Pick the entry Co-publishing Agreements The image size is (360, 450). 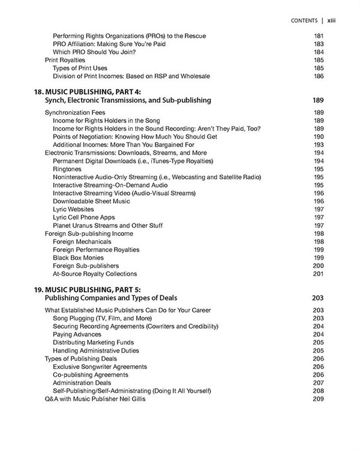90,374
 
